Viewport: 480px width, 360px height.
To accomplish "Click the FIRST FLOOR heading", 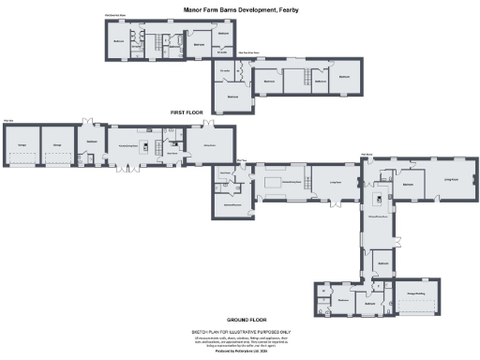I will (187, 112).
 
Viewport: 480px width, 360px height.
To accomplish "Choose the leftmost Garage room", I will (21, 144).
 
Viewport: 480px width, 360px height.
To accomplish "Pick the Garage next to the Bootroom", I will (57, 144).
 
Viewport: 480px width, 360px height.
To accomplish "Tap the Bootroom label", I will (92, 142).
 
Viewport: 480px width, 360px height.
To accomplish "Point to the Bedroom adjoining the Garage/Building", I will (369, 304).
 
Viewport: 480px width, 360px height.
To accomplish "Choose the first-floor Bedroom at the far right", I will (344, 77).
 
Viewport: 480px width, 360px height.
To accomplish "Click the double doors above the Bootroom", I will (91, 123).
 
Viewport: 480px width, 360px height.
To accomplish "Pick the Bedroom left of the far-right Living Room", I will (408, 185).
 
